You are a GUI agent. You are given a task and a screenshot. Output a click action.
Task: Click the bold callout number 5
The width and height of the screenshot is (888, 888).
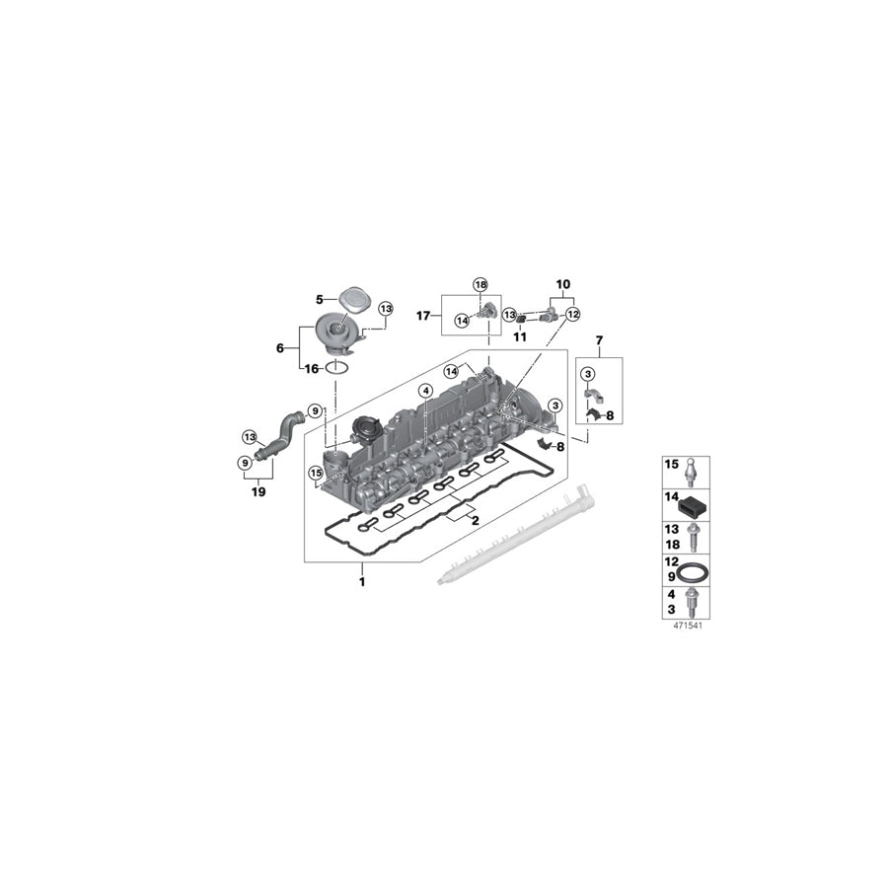320,299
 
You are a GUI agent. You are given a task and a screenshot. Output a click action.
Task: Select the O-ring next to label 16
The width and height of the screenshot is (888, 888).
337,368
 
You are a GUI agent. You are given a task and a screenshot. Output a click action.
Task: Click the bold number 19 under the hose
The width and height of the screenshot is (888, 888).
259,490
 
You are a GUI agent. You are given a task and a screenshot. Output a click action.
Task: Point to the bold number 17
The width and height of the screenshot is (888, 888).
422,317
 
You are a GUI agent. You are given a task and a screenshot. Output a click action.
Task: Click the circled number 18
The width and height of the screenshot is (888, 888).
481,284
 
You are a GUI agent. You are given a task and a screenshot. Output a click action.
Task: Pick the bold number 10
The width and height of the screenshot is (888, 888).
562,283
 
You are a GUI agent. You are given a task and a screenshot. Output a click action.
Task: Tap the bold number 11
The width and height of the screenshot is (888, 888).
520,336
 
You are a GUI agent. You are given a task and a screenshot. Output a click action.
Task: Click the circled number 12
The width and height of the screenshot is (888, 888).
572,314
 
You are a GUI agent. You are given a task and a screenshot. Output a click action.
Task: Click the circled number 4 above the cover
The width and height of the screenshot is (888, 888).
424,391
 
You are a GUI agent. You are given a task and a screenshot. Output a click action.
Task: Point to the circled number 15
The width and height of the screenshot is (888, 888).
315,473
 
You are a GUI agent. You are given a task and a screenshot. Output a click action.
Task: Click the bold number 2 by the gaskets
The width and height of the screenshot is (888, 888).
475,520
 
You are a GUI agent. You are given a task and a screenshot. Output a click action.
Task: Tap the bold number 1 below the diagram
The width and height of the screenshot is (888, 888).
361,581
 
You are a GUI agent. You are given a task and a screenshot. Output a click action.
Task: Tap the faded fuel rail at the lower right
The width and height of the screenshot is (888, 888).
518,536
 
